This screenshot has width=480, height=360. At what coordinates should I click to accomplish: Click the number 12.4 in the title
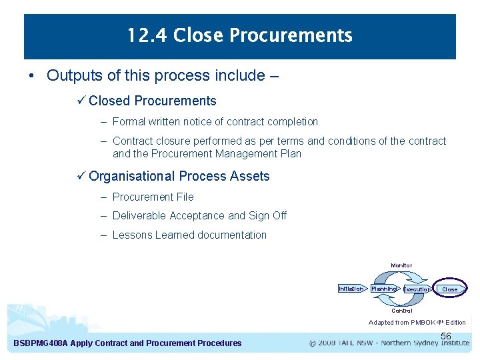147,35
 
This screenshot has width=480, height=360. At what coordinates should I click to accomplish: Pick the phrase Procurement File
153,197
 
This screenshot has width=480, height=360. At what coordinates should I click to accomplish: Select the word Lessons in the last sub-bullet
133,235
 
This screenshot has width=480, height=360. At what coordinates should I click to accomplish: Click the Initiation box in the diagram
351,289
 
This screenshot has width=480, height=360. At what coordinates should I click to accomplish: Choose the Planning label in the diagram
383,289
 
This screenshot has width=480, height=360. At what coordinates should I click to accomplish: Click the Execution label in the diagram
417,289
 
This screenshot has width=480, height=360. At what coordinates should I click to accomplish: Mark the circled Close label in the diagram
450,289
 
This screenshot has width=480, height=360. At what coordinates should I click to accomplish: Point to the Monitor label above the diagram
401,265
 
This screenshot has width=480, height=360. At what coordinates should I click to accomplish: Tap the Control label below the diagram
401,311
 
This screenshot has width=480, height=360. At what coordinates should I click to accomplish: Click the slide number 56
446,337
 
